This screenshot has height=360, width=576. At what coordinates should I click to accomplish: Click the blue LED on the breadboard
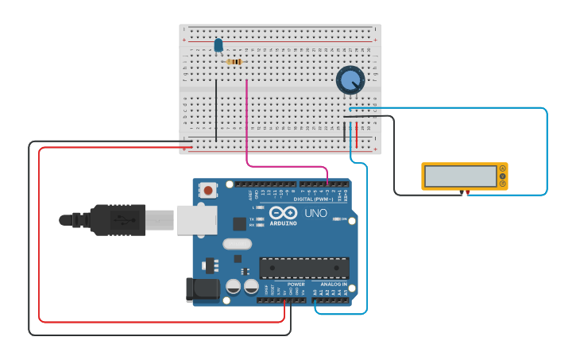218,46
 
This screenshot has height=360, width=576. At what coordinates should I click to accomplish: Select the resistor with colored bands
234,61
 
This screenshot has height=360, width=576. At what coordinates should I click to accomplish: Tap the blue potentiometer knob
350,80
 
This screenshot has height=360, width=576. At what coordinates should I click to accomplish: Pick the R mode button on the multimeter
502,184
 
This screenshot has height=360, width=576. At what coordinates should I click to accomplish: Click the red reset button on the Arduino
208,190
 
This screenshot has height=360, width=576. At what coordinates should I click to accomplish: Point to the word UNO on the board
316,214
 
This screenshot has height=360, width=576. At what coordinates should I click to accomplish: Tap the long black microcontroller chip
304,268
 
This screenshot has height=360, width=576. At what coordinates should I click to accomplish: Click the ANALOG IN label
334,284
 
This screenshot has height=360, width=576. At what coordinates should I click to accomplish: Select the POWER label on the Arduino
296,284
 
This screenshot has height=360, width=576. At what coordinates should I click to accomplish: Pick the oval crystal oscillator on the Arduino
237,245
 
